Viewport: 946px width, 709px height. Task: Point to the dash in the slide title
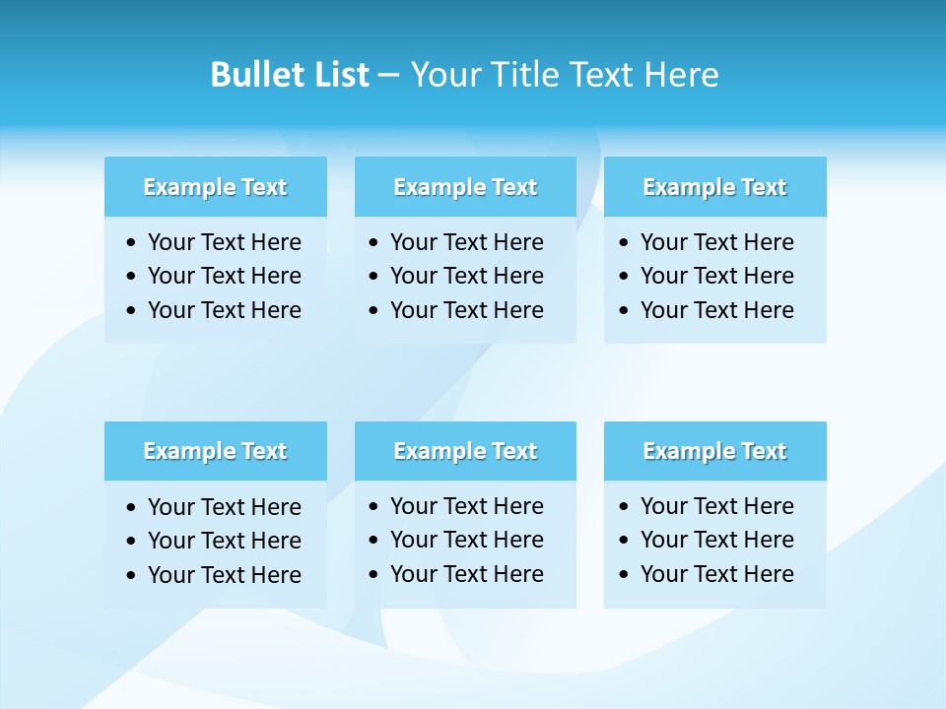click(388, 75)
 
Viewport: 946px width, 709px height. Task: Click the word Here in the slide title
click(681, 75)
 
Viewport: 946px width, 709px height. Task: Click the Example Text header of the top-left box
click(215, 187)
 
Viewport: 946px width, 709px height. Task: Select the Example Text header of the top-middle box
click(465, 187)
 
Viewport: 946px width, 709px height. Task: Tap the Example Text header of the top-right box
click(714, 187)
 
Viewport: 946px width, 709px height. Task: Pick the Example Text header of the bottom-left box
click(215, 451)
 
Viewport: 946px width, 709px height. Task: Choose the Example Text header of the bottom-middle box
click(465, 451)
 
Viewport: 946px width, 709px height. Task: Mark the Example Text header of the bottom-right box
click(714, 451)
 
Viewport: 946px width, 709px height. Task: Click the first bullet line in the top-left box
click(224, 242)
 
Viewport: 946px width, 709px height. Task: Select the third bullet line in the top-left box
click(224, 310)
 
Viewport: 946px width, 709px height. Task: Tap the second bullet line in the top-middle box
click(466, 276)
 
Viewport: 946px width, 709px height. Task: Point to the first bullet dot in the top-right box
click(624, 243)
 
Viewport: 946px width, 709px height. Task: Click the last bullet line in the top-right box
click(716, 310)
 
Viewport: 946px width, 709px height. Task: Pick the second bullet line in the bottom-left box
click(224, 541)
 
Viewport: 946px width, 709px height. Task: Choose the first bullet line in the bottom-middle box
click(466, 506)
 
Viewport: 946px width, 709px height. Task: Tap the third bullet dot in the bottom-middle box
click(373, 575)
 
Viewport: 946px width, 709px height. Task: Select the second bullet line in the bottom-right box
click(716, 540)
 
